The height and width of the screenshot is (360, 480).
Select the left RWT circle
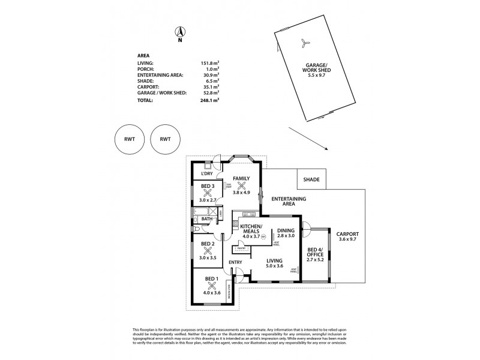pos(129,139)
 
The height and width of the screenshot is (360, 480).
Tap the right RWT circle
pos(166,139)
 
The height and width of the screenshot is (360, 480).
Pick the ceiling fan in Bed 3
pos(208,193)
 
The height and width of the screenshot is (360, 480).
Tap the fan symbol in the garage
pos(305,42)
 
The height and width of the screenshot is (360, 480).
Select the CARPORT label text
pos(347,234)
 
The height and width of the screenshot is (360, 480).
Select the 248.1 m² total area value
pos(210,101)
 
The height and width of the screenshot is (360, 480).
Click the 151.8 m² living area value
pos(210,62)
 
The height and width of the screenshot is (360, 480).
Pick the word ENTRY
pos(235,262)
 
